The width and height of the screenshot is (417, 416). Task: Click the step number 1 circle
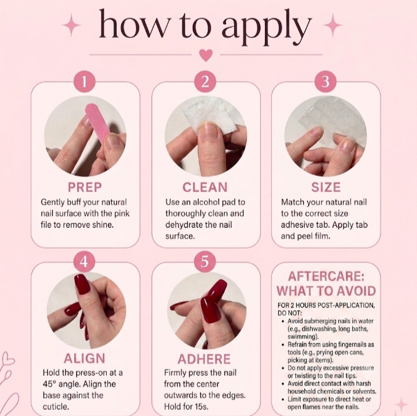[84, 82]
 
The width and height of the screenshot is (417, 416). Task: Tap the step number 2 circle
[205, 82]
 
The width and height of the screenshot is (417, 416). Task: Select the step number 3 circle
[325, 82]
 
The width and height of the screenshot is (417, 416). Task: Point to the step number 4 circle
[84, 262]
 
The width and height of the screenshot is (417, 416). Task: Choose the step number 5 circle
[205, 262]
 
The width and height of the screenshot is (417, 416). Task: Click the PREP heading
[85, 187]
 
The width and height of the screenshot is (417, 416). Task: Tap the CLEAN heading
[205, 187]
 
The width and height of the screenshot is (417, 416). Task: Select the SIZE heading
[326, 187]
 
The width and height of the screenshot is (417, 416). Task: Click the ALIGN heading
[85, 359]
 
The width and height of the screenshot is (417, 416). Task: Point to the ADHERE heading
[204, 359]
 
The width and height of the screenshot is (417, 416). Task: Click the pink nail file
[97, 123]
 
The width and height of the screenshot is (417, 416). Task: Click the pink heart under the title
[206, 55]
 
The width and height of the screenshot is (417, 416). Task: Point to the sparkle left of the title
[71, 25]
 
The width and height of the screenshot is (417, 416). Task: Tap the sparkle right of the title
[333, 25]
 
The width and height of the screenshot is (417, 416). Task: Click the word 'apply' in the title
[266, 28]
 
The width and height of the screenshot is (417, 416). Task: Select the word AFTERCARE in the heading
[326, 277]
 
